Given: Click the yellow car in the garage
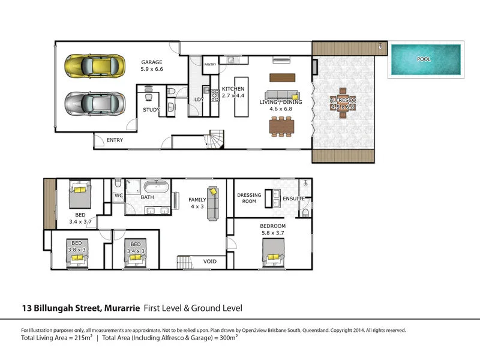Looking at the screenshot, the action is (95, 66).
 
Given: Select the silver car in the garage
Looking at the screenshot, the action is (95, 103).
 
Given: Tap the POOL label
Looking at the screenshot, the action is (424, 59).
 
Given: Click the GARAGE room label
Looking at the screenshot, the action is (152, 62).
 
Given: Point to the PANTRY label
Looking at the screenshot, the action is (211, 64).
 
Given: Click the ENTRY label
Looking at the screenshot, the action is (115, 140).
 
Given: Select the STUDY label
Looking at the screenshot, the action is (151, 110).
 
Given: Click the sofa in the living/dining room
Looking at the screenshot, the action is (282, 95).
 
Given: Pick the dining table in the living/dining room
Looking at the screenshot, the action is (281, 127).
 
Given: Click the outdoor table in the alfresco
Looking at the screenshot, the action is (343, 103).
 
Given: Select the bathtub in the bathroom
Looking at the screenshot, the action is (157, 187).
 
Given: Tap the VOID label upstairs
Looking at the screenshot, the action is (210, 262).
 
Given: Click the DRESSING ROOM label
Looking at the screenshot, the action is (249, 198).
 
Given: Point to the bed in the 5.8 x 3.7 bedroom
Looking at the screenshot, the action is (274, 253).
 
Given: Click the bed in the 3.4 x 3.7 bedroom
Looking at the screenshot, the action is (80, 194).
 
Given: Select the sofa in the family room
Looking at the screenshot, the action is (213, 203).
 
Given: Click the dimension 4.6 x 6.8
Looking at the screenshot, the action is (281, 109).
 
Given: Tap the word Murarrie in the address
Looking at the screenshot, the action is (122, 308).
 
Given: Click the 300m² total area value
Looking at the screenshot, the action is (229, 337).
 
